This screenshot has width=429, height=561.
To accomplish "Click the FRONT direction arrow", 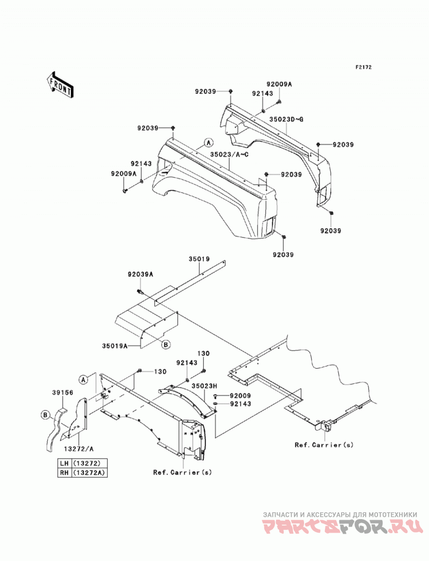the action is tap(60, 85).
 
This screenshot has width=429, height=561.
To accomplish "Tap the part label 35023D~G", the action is tap(286, 119).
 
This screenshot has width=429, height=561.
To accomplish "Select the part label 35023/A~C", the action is tap(229, 154).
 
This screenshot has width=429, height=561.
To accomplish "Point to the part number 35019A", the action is tap(115, 346).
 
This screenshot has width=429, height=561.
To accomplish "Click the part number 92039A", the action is tap(140, 274).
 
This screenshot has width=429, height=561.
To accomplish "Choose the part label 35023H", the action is tap(204, 386).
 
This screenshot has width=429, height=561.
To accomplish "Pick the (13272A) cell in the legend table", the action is tap(90, 473).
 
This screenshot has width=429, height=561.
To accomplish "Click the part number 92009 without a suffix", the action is tap(240, 396).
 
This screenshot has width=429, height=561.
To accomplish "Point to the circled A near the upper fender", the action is tap(209, 143).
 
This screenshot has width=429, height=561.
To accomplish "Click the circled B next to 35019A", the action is tap(166, 345).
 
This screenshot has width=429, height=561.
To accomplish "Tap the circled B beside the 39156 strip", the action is tap(45, 415).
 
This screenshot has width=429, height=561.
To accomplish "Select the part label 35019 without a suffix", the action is tap(199, 259).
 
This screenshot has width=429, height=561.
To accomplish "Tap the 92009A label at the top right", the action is tap(279, 85).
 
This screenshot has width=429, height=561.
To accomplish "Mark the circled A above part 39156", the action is tap(84, 379).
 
